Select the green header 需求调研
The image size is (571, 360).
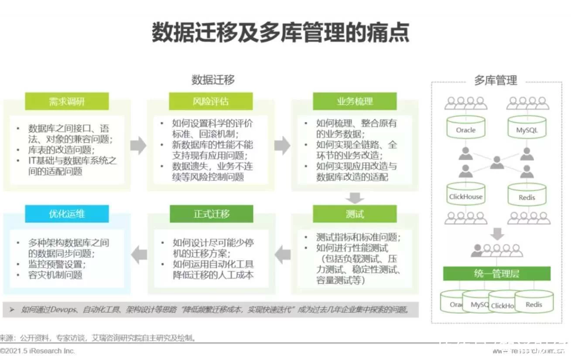click(x=67, y=102)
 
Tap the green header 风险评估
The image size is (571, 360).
click(x=211, y=102)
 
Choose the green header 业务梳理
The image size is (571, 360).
click(x=355, y=102)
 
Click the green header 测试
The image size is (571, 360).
click(x=355, y=214)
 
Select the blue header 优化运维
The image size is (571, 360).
click(x=67, y=214)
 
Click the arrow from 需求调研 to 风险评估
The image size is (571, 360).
click(x=138, y=146)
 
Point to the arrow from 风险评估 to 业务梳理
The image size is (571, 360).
click(x=282, y=146)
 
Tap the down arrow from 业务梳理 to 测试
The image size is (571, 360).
click(x=355, y=199)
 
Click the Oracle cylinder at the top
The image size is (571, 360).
click(x=465, y=127)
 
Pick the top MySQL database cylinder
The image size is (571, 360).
click(x=527, y=127)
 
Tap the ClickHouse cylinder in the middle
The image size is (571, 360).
click(x=465, y=194)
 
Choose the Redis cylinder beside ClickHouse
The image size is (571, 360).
click(x=527, y=195)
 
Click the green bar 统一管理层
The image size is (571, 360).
click(x=496, y=274)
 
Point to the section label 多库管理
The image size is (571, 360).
click(x=496, y=81)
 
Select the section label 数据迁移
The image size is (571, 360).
click(x=213, y=80)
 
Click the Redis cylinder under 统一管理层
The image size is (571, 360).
click(x=534, y=302)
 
